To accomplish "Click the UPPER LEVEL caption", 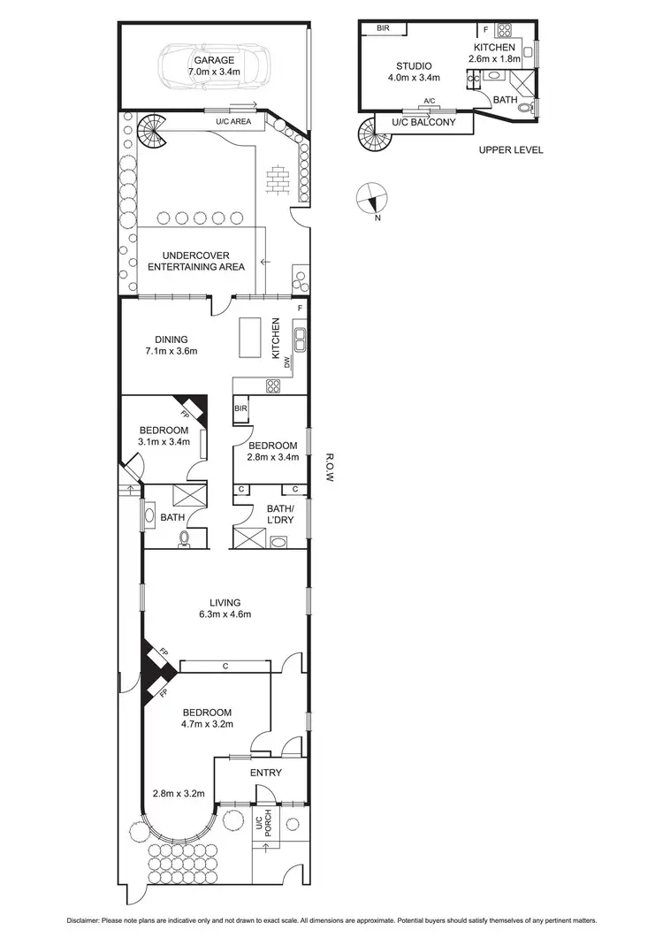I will [x=511, y=150].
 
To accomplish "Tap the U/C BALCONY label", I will [x=423, y=122].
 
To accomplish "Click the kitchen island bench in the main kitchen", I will [x=251, y=338].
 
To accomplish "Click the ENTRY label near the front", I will [x=265, y=773].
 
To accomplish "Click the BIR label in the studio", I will [x=383, y=28].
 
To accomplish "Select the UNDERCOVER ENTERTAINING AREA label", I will [x=196, y=260].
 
